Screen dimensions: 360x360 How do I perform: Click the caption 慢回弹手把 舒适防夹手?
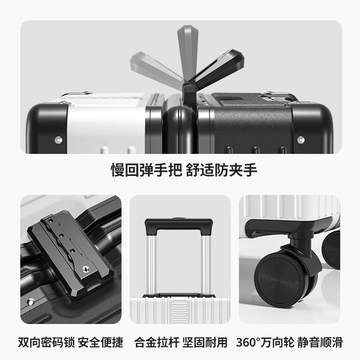(184, 170)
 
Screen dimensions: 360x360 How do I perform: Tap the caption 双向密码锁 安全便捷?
(71, 342)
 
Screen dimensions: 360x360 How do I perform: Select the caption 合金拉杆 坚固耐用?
(181, 342)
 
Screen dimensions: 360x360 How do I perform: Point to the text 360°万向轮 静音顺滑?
(289, 342)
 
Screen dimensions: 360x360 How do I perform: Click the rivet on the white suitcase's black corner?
(58, 139)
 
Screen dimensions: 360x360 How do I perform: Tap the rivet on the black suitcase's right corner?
(301, 139)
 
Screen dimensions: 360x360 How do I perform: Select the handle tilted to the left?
(156, 68)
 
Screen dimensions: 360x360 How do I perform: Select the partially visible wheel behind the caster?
(332, 249)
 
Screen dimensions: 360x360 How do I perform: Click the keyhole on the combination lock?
(85, 268)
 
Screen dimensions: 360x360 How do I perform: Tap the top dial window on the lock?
(51, 221)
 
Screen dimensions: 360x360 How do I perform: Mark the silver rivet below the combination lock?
(31, 302)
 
